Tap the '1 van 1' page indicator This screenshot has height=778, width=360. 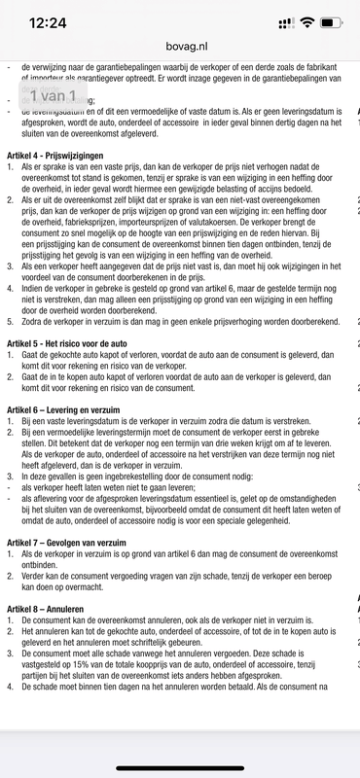(x=58, y=95)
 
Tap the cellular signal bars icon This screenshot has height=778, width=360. (x=286, y=22)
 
